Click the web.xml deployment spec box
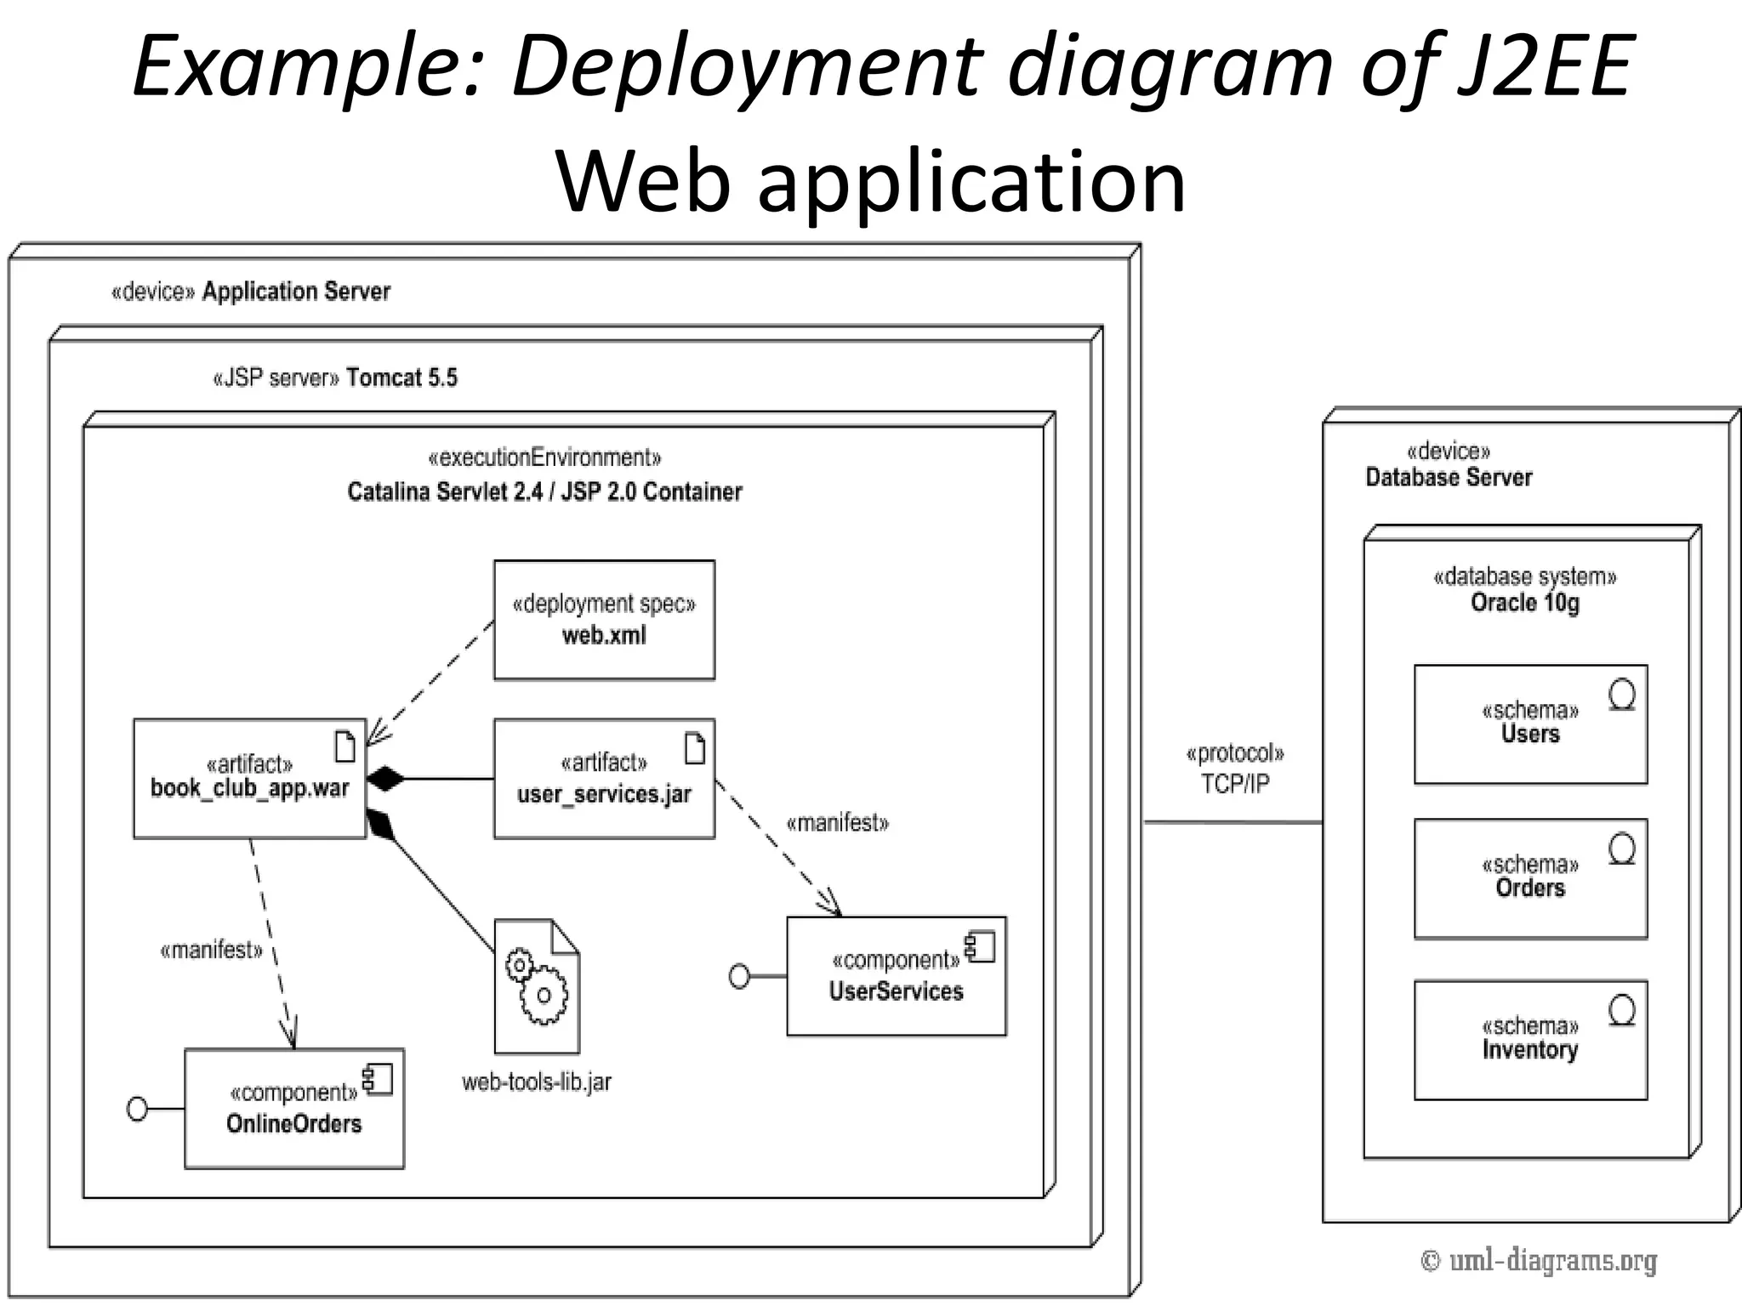604,620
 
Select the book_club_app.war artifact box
249,779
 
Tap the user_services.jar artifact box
604,779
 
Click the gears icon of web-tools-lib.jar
537,986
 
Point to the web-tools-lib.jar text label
537,1082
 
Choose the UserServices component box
896,976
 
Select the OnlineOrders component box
294,1109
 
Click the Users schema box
1530,724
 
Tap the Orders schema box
1530,878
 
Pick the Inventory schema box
1530,1040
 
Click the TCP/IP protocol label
1234,783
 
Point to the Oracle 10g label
1525,603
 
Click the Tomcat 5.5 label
401,378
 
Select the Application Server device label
295,292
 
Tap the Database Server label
1449,477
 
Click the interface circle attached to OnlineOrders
137,1109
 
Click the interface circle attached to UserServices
740,977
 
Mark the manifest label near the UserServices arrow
837,822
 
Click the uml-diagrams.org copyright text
1539,1260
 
